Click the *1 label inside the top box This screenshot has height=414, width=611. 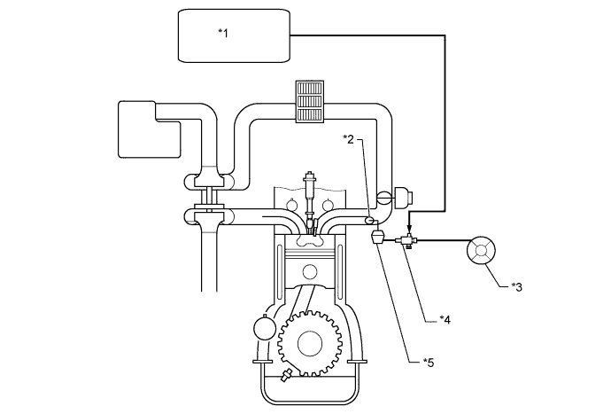pyautogui.click(x=223, y=33)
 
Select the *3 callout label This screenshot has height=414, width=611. pyautogui.click(x=518, y=286)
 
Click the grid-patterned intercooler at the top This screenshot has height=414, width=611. pyautogui.click(x=310, y=104)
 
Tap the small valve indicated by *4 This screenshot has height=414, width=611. pyautogui.click(x=409, y=240)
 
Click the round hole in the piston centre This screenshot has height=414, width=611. pyautogui.click(x=309, y=271)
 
